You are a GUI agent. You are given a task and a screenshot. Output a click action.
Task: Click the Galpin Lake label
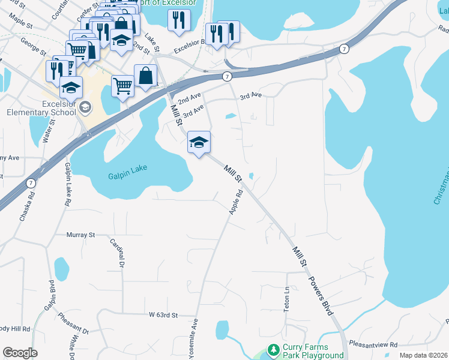[x=127, y=176]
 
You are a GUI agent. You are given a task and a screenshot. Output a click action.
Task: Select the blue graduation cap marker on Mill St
[x=199, y=143]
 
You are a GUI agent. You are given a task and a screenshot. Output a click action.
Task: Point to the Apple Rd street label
[x=235, y=202]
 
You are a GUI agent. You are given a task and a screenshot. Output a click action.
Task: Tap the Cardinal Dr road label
[x=116, y=253]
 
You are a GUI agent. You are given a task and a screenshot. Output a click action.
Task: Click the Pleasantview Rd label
[x=377, y=345]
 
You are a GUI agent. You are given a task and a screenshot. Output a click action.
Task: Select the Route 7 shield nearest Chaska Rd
[x=30, y=182]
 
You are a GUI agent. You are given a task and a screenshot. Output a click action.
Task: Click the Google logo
[x=20, y=353]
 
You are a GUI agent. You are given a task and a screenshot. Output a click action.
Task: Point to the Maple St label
[x=20, y=23]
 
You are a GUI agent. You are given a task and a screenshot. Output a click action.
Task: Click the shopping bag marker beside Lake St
[x=145, y=76]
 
